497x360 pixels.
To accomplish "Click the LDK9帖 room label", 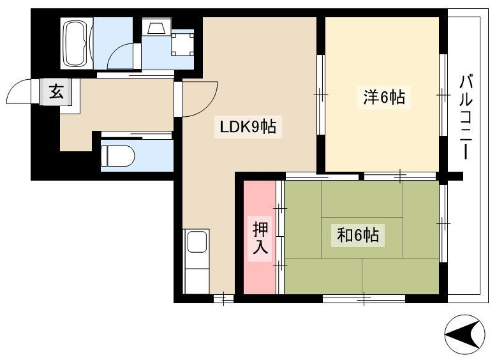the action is pyautogui.click(x=248, y=127).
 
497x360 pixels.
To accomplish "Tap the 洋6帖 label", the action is pyautogui.click(x=384, y=97).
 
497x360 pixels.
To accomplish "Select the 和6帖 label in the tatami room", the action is pyautogui.click(x=357, y=235).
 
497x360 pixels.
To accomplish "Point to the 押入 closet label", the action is pyautogui.click(x=260, y=238).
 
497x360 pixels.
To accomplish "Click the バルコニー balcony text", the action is pyautogui.click(x=466, y=117).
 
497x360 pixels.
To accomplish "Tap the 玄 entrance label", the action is pyautogui.click(x=56, y=92).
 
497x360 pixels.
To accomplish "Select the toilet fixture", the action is pyautogui.click(x=117, y=156).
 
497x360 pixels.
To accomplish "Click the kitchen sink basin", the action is pyautogui.click(x=197, y=241).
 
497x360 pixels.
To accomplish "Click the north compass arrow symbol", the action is pyautogui.click(x=464, y=334).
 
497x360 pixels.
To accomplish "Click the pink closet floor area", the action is pyautogui.click(x=260, y=237).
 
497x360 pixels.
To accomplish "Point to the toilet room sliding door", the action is pyautogui.click(x=137, y=136).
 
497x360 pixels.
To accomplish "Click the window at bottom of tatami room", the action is pyautogui.click(x=364, y=299).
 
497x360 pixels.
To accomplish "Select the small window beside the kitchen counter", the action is pyautogui.click(x=223, y=299).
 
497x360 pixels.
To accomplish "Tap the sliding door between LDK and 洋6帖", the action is pyautogui.click(x=321, y=95).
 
